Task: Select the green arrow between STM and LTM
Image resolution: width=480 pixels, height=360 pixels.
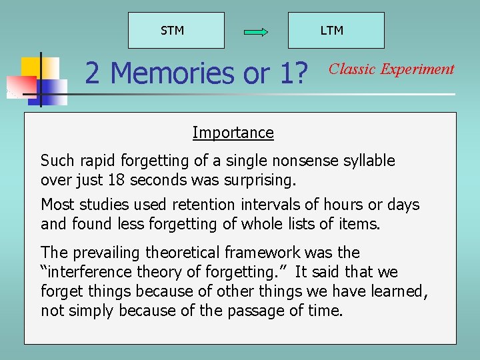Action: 256,32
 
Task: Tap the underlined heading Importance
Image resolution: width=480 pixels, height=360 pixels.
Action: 233,133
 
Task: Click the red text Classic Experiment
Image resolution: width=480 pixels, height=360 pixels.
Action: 392,69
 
